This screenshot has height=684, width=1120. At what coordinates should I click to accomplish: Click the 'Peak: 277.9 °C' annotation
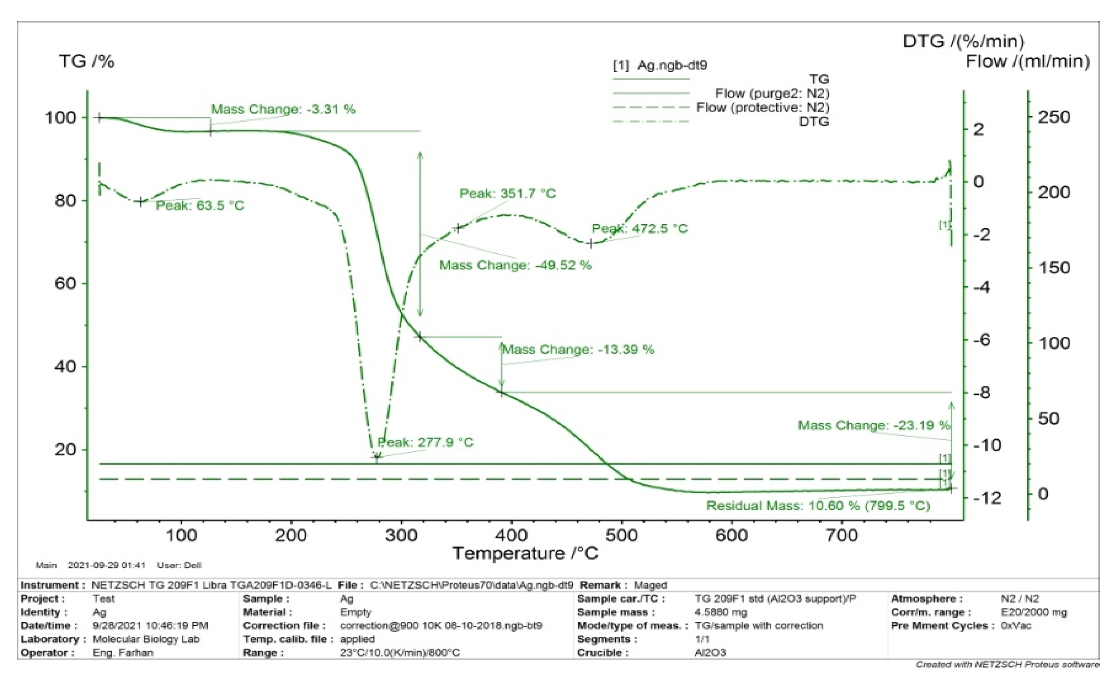(425, 442)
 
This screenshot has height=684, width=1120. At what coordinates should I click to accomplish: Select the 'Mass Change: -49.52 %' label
(515, 265)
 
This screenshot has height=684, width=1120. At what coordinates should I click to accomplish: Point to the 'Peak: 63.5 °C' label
(200, 206)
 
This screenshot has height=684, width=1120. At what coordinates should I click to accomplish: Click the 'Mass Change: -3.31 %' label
(283, 109)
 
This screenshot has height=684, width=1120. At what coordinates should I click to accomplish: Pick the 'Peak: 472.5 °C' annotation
(640, 228)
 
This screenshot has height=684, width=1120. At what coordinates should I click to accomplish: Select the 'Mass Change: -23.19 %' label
(874, 425)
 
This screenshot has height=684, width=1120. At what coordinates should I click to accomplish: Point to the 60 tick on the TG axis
(65, 283)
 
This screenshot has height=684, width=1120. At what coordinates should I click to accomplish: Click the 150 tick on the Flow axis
(1054, 267)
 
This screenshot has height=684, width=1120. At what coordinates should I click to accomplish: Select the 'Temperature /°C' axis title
(525, 553)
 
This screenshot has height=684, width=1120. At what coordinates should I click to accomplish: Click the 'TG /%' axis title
(86, 61)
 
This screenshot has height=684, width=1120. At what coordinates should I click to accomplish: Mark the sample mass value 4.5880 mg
(720, 612)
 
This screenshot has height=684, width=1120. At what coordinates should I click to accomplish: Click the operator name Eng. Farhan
(123, 653)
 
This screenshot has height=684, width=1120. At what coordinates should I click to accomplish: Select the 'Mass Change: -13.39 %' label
(578, 349)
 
